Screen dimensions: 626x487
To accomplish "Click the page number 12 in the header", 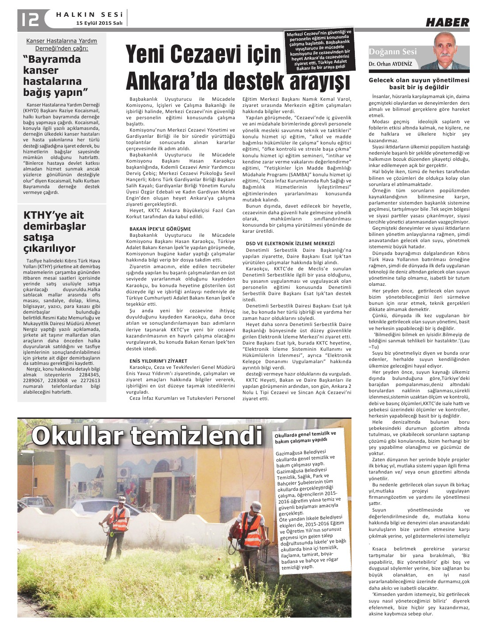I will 28,18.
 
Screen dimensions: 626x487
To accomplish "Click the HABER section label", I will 447,23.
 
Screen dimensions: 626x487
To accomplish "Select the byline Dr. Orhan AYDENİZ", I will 390,64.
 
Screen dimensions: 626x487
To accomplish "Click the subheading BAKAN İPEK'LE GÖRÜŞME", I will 160,229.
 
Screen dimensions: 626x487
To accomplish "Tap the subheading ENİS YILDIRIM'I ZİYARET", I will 158,361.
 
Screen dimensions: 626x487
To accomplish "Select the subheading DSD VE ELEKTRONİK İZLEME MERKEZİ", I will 290,243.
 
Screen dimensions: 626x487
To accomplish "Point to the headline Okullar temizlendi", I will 146,436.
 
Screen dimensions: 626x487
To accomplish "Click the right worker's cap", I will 255,505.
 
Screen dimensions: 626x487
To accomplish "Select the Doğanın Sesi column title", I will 393,52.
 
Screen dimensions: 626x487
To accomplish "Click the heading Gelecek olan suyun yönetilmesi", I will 419,80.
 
